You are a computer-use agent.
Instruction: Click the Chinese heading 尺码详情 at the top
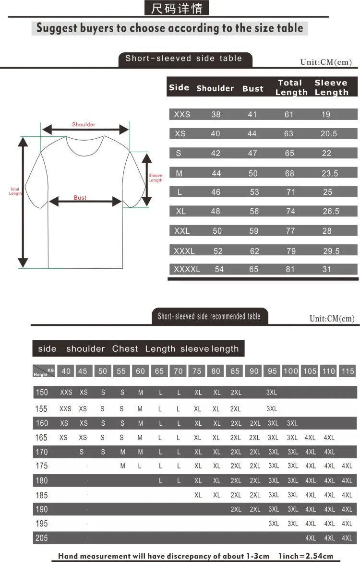(x=177, y=8)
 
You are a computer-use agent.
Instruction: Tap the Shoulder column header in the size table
(x=215, y=88)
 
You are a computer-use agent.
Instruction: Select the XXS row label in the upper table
(x=182, y=114)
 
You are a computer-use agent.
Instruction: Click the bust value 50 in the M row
(x=253, y=173)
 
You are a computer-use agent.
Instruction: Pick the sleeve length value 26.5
(x=331, y=211)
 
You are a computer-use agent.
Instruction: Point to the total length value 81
(x=290, y=269)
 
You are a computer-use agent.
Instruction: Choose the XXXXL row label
(x=187, y=269)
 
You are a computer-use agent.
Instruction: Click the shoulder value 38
(x=216, y=114)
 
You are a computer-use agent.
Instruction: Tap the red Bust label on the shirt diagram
(x=80, y=198)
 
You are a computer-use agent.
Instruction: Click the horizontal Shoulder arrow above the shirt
(x=85, y=130)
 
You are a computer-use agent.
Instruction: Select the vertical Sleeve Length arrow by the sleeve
(x=147, y=178)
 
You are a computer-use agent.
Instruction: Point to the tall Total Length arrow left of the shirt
(x=23, y=202)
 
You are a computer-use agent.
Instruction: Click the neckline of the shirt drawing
(x=84, y=147)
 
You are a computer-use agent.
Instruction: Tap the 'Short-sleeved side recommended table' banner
(x=209, y=317)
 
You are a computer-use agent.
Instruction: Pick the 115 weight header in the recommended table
(x=348, y=371)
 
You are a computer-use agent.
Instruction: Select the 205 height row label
(x=42, y=538)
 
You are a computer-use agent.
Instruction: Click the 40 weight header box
(x=66, y=371)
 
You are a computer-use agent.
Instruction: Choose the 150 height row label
(x=42, y=392)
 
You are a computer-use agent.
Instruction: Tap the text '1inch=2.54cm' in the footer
(x=305, y=556)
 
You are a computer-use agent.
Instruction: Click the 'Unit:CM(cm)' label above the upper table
(x=326, y=62)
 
